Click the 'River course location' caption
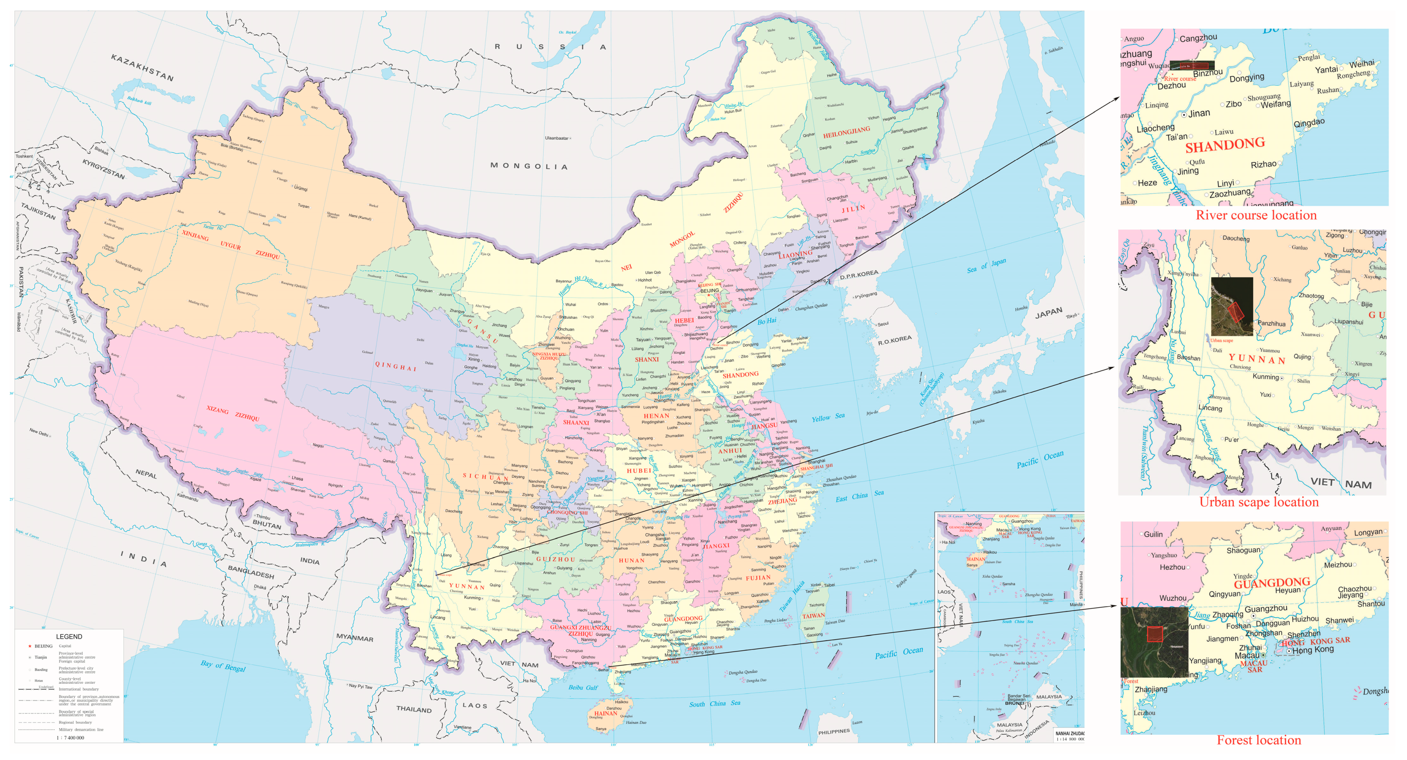coord(1256,215)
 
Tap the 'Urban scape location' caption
coord(1258,502)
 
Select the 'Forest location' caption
coord(1258,740)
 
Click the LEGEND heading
coord(69,637)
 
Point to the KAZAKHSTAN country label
coord(142,68)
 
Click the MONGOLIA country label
coord(529,166)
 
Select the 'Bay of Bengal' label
coord(223,665)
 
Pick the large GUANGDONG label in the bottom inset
coord(1272,583)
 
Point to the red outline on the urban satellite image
coord(1235,312)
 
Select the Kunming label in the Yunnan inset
coord(1266,377)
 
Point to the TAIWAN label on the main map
coord(813,616)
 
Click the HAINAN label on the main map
coord(605,713)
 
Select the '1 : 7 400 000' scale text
coord(70,738)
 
